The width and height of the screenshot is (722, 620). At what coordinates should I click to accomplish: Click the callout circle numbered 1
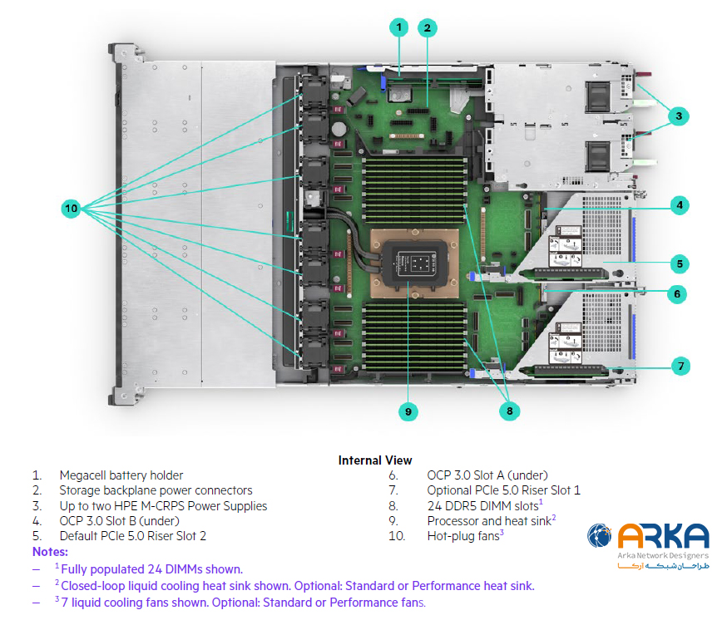(x=399, y=27)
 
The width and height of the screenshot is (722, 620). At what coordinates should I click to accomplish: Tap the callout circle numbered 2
(x=428, y=27)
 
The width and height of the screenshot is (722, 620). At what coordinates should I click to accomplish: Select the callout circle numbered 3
(x=679, y=116)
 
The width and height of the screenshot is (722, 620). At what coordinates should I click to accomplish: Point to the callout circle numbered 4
(x=680, y=204)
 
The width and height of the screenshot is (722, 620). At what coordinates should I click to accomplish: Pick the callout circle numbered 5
(x=680, y=264)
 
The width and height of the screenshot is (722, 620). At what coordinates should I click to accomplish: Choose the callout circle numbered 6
(x=678, y=293)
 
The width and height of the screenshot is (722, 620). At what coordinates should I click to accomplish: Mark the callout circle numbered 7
(x=680, y=365)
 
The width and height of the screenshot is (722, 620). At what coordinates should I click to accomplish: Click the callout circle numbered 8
(x=510, y=410)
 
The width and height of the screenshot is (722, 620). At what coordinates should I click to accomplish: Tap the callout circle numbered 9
(x=408, y=410)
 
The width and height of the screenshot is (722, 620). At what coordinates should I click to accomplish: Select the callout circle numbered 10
(x=71, y=208)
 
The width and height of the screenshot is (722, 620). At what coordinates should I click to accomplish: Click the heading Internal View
(x=374, y=460)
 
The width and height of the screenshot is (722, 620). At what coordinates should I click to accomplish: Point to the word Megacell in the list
(x=82, y=475)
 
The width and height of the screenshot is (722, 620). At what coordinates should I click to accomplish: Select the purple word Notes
(x=50, y=552)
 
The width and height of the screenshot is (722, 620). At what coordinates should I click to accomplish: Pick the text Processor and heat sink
(x=488, y=521)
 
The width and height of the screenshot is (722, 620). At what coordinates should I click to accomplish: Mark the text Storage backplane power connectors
(x=156, y=490)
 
